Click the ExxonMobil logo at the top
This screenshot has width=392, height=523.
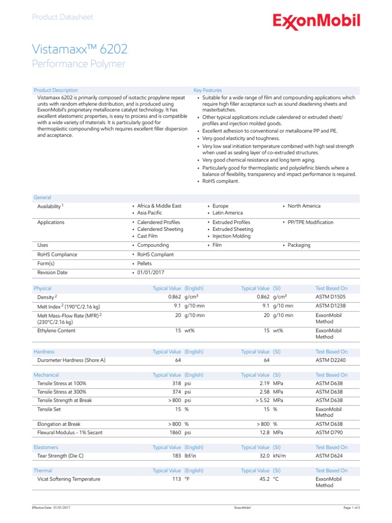[316, 21]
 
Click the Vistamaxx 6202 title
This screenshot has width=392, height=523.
[80, 49]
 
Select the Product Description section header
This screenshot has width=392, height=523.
[56, 90]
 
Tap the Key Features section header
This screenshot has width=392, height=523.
[208, 90]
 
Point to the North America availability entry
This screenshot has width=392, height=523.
[304, 206]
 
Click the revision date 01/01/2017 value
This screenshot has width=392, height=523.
[151, 273]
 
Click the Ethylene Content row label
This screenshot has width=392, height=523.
[56, 330]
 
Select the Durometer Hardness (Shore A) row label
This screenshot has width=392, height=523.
[71, 361]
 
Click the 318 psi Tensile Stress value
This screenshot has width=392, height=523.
[182, 384]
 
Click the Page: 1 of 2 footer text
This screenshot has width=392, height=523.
[352, 508]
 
